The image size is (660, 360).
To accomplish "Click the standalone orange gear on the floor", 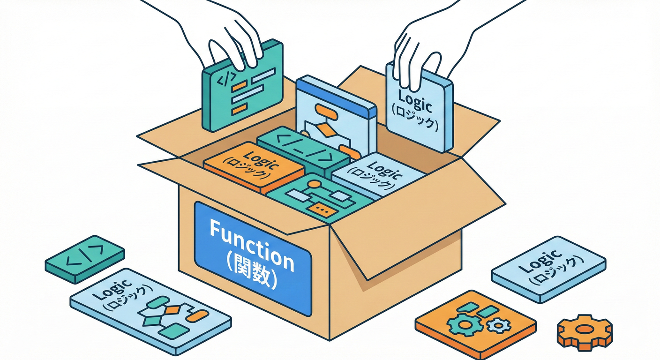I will point(585,331).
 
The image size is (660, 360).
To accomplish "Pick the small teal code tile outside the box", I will point(85,259).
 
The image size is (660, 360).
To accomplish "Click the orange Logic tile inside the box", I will point(254,167).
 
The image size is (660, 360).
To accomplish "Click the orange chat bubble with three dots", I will point(322,209).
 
